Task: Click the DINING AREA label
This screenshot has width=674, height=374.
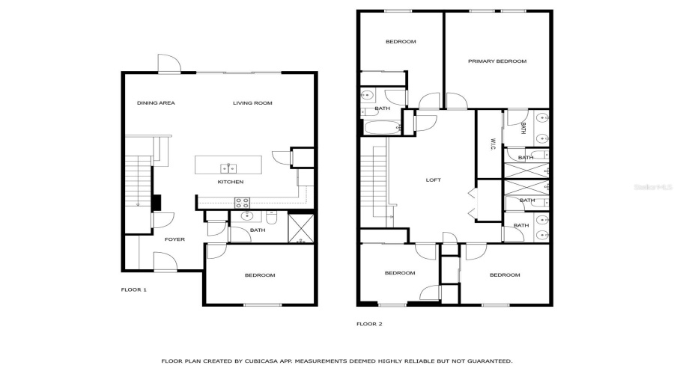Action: pos(156,102)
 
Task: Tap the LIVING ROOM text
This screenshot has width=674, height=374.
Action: pos(252,102)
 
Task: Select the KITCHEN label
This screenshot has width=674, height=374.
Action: pos(230,182)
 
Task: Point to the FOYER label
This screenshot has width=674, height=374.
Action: pos(174,239)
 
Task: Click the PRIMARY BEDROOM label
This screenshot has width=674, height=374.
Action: pos(497,61)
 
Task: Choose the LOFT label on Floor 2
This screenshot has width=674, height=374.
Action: pos(434,180)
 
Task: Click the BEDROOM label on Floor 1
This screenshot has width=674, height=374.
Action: pos(260,275)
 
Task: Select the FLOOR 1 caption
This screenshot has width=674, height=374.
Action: pos(134,289)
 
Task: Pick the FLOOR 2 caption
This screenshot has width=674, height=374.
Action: pos(369,324)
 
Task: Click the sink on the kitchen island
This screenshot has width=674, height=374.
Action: pos(228,168)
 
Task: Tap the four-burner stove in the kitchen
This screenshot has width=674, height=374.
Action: pos(243,202)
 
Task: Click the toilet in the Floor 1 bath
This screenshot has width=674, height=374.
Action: pos(273,218)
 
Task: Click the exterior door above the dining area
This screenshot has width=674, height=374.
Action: pos(168,65)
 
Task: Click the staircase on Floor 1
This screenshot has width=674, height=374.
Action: pos(139,183)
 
